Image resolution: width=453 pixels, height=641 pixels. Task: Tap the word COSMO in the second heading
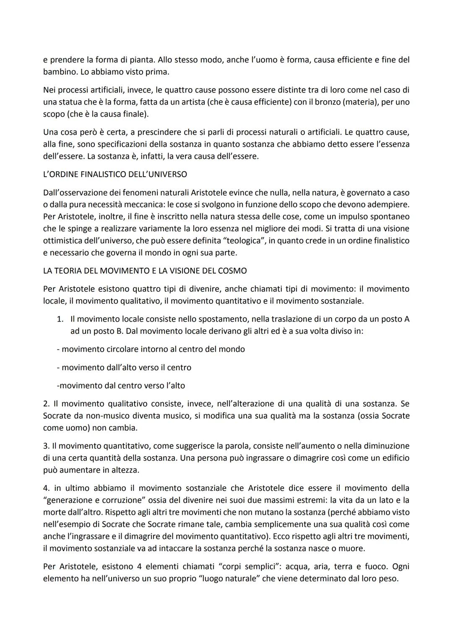pyautogui.click(x=232, y=271)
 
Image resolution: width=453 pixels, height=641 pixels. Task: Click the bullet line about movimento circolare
pyautogui.click(x=151, y=349)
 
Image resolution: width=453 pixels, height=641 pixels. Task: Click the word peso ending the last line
pyautogui.click(x=388, y=579)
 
